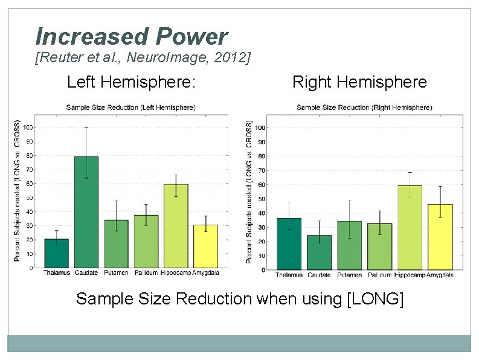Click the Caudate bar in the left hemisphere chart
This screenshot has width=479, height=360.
pos(86,212)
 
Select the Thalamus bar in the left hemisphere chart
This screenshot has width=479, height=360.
pos(56,254)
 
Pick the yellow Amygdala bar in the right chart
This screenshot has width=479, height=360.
pos(440,237)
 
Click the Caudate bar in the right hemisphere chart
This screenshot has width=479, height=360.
pos(319,252)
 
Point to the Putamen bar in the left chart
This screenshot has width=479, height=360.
pos(116,244)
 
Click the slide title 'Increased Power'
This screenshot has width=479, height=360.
pos(131,37)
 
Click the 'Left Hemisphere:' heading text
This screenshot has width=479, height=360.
pos(131,82)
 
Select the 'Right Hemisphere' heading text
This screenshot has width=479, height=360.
pos(359,82)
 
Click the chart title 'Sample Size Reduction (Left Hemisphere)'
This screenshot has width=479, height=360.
pos(130,108)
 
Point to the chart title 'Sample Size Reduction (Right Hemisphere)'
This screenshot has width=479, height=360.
pos(364,108)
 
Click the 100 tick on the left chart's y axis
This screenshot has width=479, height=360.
pos(28,127)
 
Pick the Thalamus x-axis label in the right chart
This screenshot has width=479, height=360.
pos(289,275)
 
